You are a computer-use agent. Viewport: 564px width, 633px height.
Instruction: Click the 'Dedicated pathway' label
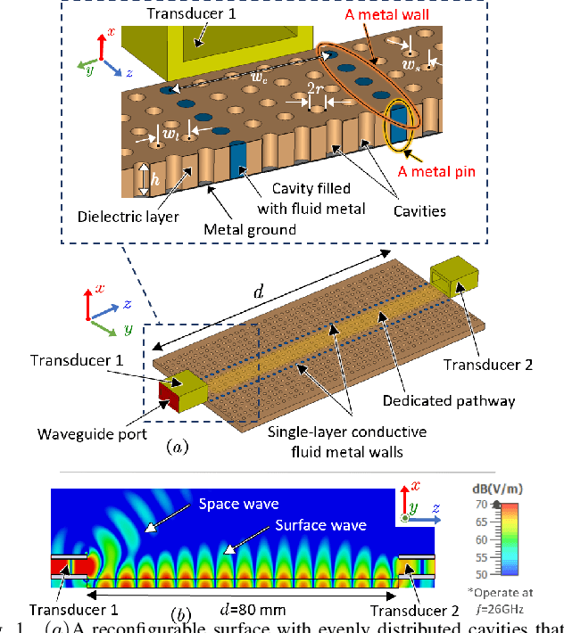pos(449,401)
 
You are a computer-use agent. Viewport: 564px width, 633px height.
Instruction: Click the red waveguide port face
pos(167,395)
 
